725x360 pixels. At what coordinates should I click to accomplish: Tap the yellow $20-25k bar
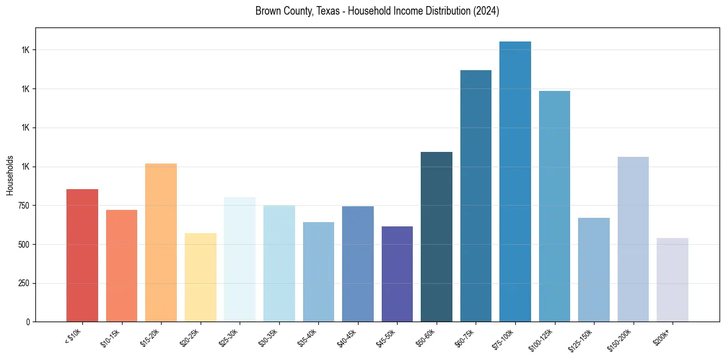point(201,277)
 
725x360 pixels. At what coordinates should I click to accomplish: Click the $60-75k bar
point(476,196)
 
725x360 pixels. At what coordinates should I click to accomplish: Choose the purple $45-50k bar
point(397,274)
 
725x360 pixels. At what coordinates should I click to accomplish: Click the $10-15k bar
point(121,265)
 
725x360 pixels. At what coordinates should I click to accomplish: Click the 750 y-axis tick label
point(25,206)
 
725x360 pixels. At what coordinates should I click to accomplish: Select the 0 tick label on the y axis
point(29,322)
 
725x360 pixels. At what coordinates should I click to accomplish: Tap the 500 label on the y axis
point(25,245)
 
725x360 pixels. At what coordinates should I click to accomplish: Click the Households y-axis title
point(10,175)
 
